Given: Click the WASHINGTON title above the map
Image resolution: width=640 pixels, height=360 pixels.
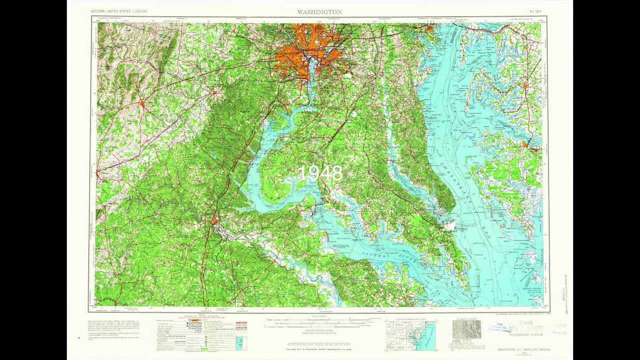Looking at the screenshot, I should click(x=319, y=11).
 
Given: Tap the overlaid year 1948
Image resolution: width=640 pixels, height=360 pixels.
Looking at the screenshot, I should click(x=320, y=173).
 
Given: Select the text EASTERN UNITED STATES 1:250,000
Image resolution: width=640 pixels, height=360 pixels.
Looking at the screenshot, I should click(x=118, y=11).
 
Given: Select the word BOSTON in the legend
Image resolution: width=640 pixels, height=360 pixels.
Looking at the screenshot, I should click(x=193, y=324).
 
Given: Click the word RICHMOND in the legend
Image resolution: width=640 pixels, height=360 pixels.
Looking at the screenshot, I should click(x=193, y=328).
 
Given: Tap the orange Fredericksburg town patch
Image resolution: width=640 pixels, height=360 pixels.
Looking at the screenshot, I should click(x=214, y=220).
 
